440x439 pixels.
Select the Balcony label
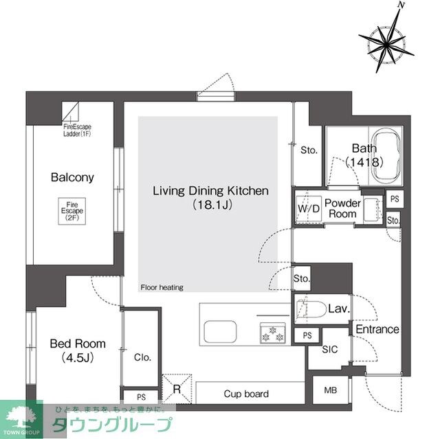click(72, 177)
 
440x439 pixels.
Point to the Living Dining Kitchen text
click(210, 191)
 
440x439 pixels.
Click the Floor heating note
click(162, 288)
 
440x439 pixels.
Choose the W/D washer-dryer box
click(307, 209)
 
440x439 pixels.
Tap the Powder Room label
click(343, 208)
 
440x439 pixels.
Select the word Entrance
click(377, 329)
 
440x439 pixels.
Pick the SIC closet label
click(330, 349)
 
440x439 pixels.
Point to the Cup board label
click(246, 394)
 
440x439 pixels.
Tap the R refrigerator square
click(177, 389)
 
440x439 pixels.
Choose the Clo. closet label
click(142, 357)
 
